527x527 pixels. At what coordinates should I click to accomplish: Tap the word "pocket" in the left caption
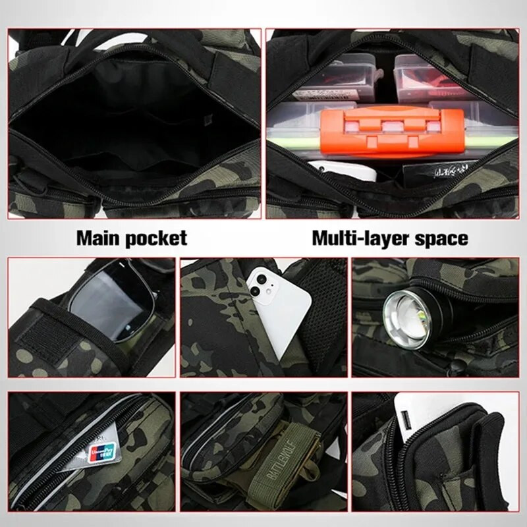[x=157, y=238]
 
